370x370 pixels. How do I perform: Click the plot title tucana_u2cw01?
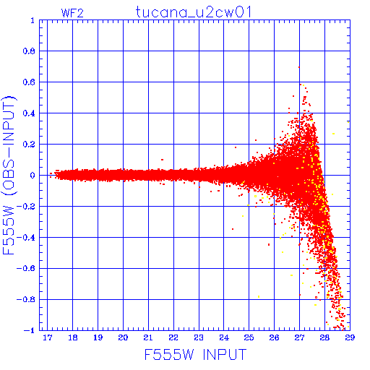click(194, 12)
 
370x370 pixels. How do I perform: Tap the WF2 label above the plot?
click(72, 13)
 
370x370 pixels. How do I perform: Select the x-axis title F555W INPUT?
click(195, 354)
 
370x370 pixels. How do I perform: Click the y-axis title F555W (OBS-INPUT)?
click(9, 175)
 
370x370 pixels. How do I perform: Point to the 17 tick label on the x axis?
click(48, 337)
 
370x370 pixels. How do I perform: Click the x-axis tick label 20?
click(123, 337)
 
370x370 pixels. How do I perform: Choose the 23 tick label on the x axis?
click(199, 337)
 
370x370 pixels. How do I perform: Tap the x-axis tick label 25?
click(249, 337)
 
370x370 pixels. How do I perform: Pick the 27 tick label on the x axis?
click(299, 337)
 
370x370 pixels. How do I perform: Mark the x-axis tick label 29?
click(350, 337)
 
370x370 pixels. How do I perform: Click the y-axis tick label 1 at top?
click(33, 20)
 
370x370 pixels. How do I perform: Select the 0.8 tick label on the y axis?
click(29, 51)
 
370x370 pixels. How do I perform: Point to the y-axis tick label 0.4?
click(29, 113)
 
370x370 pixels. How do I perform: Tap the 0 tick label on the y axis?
click(33, 175)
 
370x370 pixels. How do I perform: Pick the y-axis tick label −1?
click(30, 330)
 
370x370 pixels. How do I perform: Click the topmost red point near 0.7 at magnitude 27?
click(299, 67)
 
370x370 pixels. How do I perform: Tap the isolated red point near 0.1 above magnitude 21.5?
click(163, 160)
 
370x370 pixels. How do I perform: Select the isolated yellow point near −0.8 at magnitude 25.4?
click(259, 296)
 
